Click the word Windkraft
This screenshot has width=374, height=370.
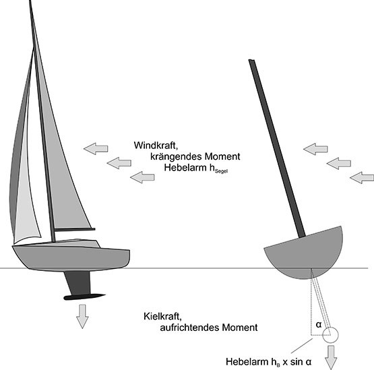[156, 146]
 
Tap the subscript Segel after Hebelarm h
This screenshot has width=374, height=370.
[221, 171]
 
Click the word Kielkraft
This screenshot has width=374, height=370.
[163, 316]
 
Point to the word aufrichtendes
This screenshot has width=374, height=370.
[189, 328]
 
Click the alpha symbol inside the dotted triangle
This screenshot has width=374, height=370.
[319, 325]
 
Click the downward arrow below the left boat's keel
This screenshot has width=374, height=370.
[82, 316]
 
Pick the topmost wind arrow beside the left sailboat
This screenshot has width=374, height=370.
[96, 149]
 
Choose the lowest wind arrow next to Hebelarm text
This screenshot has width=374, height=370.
[142, 177]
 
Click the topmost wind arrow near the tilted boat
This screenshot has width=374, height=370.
[315, 149]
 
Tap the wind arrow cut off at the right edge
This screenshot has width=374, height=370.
[362, 178]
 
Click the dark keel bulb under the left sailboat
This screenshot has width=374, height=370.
[84, 297]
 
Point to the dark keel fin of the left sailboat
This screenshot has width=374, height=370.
[78, 283]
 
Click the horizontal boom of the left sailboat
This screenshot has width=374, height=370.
[75, 230]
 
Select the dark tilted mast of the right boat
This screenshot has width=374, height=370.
[277, 148]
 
